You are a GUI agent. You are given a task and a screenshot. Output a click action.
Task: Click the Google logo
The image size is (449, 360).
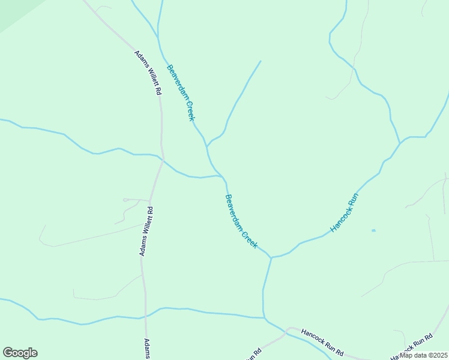[x=20, y=353]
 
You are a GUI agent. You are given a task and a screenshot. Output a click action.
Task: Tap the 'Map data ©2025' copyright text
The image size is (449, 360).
[x=423, y=355]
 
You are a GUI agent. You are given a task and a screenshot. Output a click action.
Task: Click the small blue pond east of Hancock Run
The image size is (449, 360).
[x=373, y=230]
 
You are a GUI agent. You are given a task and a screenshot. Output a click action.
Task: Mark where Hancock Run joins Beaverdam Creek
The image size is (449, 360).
[x=271, y=257]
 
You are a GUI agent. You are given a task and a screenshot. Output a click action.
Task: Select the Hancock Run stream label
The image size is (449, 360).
[x=345, y=213]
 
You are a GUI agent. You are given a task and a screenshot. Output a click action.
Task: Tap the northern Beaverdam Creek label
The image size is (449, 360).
[x=181, y=92]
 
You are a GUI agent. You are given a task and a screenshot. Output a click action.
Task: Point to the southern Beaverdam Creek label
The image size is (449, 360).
[x=241, y=221]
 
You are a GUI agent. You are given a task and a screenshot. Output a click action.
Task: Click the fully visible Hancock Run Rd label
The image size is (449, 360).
[x=322, y=340]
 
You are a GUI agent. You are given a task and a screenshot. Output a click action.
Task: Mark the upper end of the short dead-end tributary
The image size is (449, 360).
[x=261, y=61]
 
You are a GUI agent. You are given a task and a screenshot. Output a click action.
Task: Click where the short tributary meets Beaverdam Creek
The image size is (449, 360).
[x=207, y=146]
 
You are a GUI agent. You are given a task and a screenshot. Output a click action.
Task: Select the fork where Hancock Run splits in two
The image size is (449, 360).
[x=400, y=143]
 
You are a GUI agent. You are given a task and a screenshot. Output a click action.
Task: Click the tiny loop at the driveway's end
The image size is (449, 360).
[x=126, y=199]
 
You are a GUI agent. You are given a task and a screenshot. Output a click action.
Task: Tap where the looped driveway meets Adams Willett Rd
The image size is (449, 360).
[x=149, y=200]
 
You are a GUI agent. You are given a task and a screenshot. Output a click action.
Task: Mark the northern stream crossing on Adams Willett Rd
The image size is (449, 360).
[x=163, y=160]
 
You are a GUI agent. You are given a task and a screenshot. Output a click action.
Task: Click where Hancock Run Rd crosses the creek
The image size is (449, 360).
[x=288, y=330]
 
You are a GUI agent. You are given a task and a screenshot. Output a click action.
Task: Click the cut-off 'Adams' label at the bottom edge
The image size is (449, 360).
[x=146, y=349]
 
